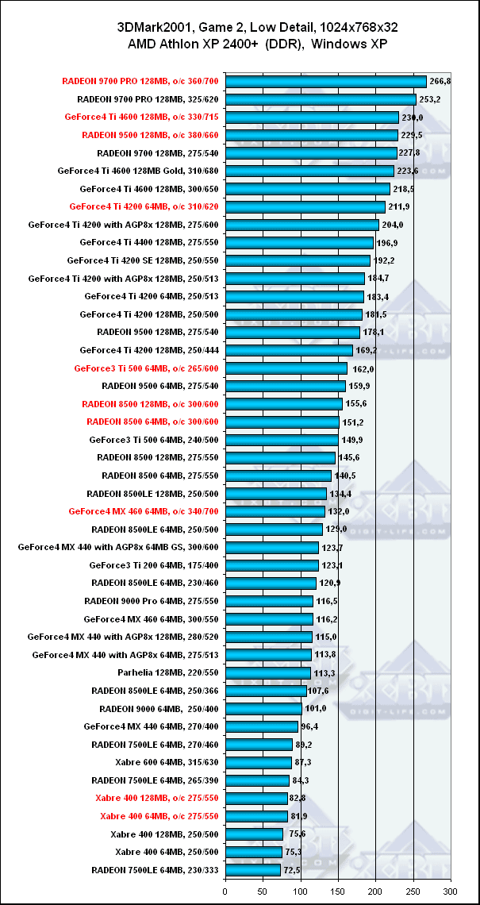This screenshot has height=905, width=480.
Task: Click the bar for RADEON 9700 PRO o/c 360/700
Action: [326, 81]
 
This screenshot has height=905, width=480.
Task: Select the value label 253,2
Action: [429, 100]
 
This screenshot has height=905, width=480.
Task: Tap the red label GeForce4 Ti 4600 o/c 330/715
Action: [144, 117]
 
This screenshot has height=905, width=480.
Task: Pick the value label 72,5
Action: [292, 870]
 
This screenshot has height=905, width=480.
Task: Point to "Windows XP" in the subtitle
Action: [350, 44]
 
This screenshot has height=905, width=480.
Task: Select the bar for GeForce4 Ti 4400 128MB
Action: [300, 243]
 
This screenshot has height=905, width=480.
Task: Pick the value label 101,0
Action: [315, 709]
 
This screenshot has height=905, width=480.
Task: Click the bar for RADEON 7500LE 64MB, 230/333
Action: [253, 870]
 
